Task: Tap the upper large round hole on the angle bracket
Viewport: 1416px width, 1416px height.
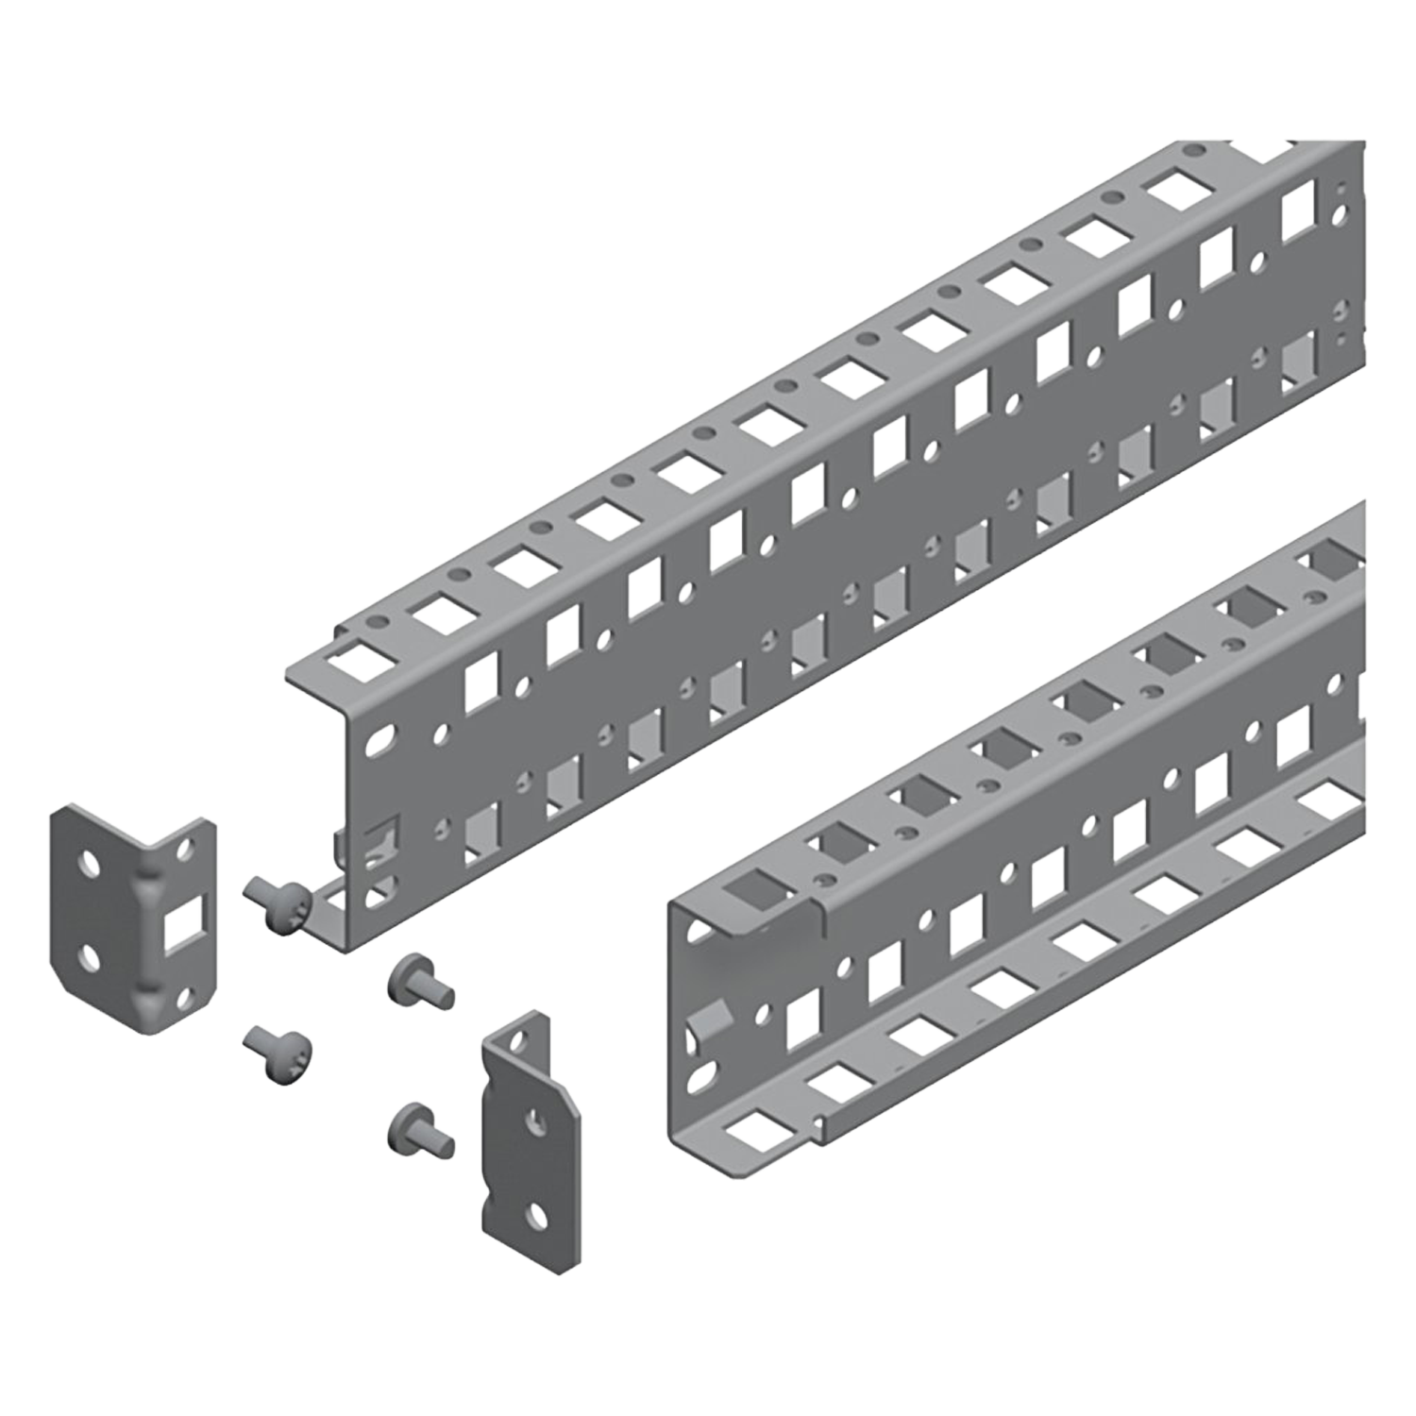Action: pos(90,862)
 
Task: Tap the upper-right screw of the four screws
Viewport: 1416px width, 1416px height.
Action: pos(421,982)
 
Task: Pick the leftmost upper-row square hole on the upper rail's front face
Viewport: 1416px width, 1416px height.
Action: pos(481,682)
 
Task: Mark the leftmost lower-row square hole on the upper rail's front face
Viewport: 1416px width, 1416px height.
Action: pos(482,832)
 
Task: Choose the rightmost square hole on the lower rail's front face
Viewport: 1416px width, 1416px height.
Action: pos(1294,736)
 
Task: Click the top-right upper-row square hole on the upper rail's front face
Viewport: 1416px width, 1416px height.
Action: pos(1298,211)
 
